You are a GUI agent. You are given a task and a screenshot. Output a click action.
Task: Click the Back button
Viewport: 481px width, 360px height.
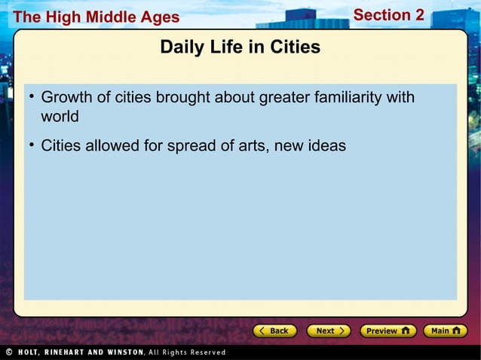point(272,331)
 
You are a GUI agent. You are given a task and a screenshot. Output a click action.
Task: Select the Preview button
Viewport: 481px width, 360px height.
point(388,331)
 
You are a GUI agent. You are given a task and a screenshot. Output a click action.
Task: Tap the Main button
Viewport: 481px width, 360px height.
point(445,331)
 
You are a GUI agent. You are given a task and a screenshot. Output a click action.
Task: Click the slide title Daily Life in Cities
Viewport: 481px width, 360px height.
point(240,47)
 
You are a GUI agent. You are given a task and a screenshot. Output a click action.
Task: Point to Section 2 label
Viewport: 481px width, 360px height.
point(388,15)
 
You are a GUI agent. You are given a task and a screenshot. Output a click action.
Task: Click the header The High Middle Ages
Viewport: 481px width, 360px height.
point(96,17)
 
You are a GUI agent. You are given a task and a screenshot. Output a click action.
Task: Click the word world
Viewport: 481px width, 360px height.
point(60,117)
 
